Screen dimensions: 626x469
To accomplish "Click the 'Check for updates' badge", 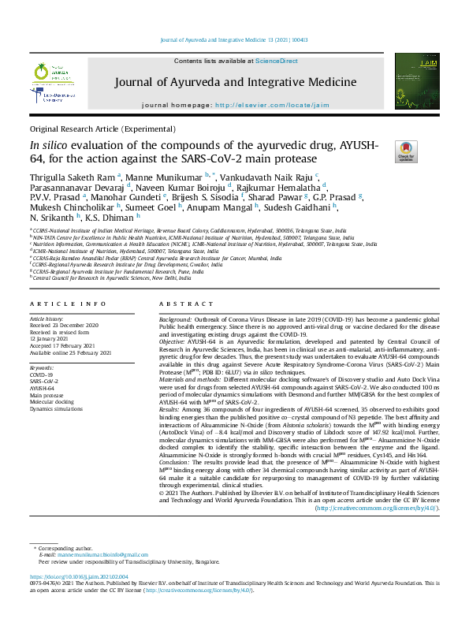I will pyautogui.click(x=407, y=151).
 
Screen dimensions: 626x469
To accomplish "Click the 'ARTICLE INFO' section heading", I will pyautogui.click(x=69, y=304).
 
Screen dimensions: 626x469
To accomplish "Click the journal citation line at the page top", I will pyautogui.click(x=234, y=39).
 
